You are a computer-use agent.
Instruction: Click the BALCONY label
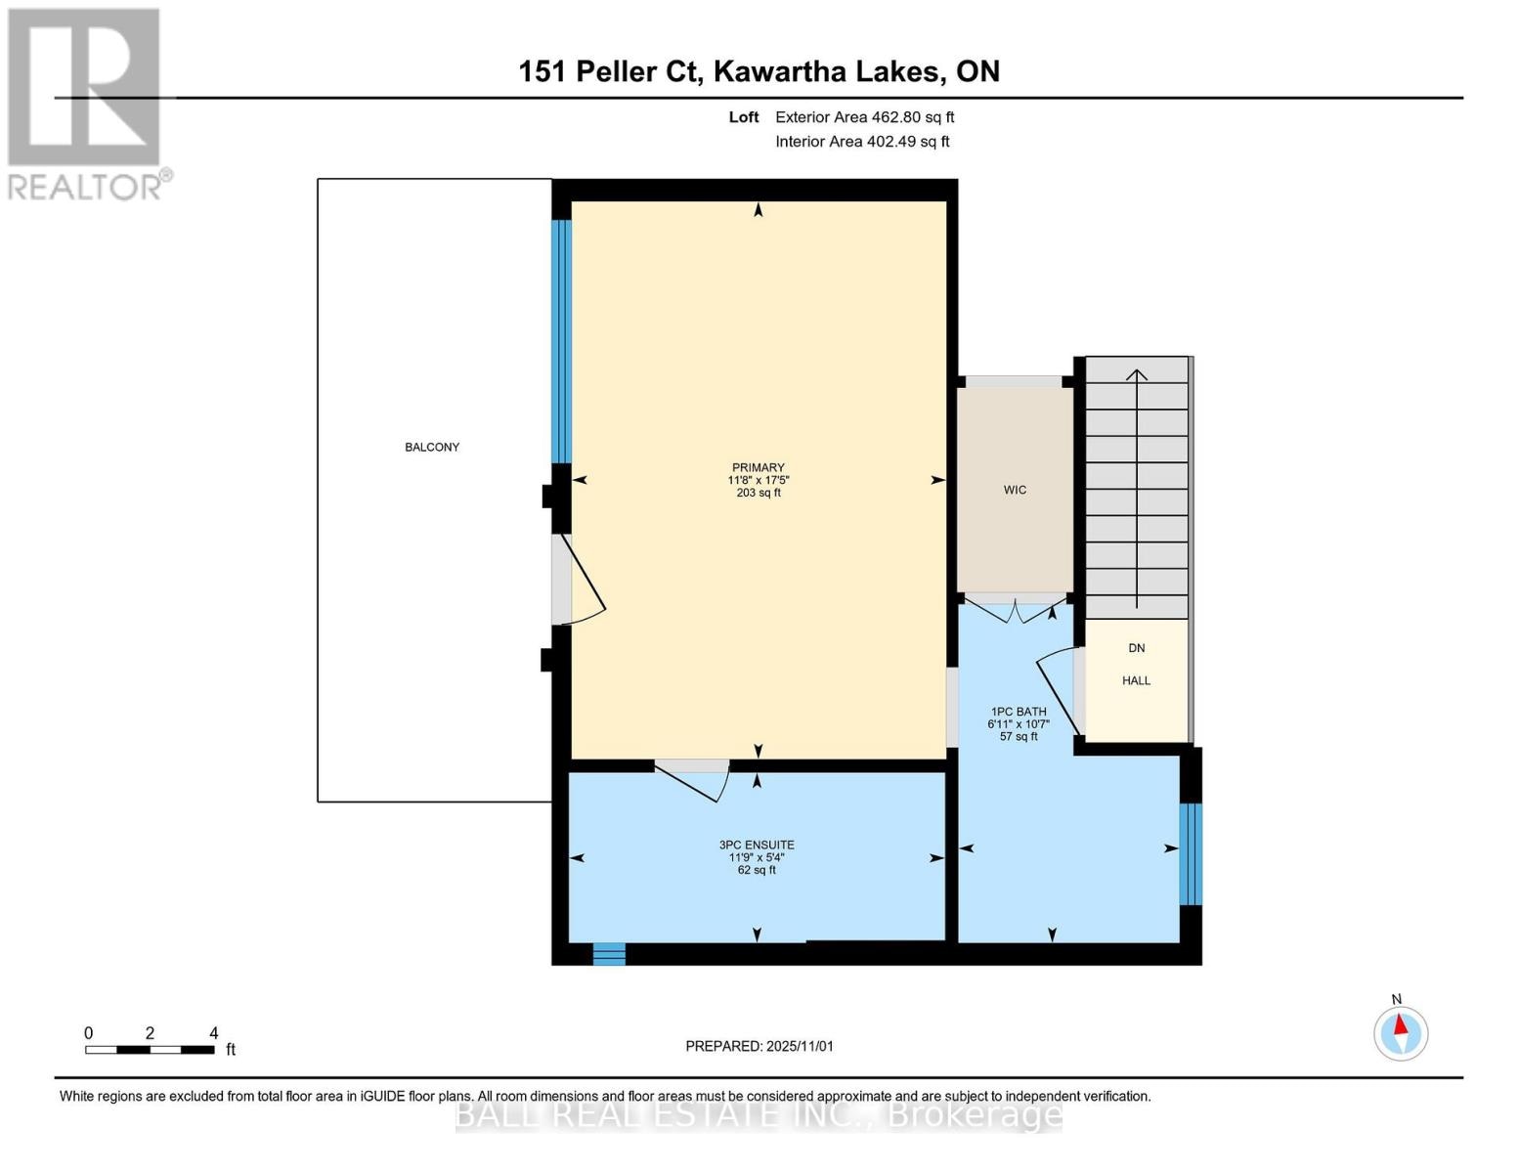pos(432,447)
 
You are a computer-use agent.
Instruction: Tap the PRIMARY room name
pos(759,467)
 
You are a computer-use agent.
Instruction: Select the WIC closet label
pos(1015,490)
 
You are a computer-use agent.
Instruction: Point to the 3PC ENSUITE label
pos(757,845)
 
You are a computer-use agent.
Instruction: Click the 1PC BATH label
pos(1019,712)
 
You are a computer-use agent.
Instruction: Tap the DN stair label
pos(1136,648)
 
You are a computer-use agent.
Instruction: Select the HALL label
pos(1136,680)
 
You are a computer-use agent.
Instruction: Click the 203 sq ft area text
pos(759,493)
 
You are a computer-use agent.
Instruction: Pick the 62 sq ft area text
pos(757,870)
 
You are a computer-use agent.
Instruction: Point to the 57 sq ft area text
pos(1019,736)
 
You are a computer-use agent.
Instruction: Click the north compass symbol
pos(1401,1032)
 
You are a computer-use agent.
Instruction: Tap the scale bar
pos(150,1050)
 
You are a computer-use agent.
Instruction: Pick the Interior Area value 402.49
pos(892,142)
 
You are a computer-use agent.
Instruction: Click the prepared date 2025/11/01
pos(800,1046)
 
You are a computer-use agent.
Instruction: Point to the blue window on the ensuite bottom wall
pos(609,953)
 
